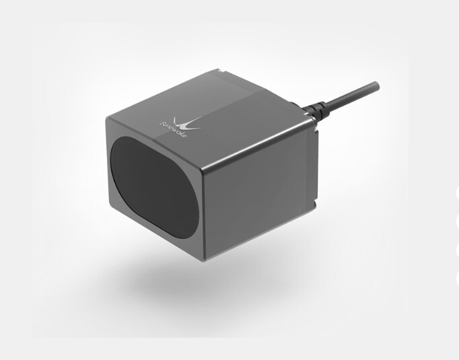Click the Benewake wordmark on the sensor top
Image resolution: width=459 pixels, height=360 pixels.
pos(173,130)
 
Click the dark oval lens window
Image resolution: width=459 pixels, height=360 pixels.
pos(155,187)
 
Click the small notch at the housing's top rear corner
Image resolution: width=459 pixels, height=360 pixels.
pos(219,70)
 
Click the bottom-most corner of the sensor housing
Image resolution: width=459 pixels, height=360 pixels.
pos(204,260)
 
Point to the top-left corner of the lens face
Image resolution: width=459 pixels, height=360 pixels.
pos(107,118)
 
